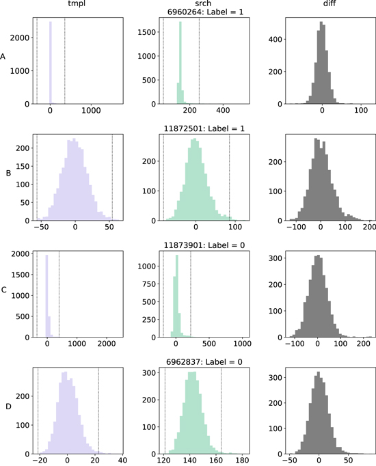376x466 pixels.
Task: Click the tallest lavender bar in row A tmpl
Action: coord(51,61)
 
